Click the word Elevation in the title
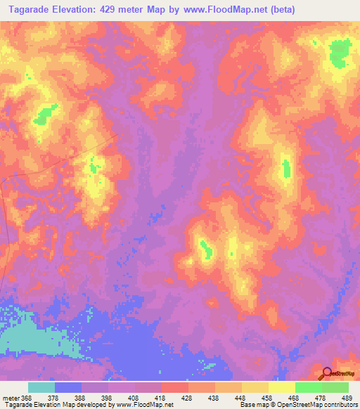coord(78,10)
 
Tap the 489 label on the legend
coord(347,398)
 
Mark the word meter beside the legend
coord(10,398)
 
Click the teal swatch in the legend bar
coord(41,387)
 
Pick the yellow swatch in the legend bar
coord(282,387)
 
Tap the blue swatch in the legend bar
coord(68,387)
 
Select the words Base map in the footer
coord(251,405)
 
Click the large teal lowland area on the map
coord(28,342)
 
